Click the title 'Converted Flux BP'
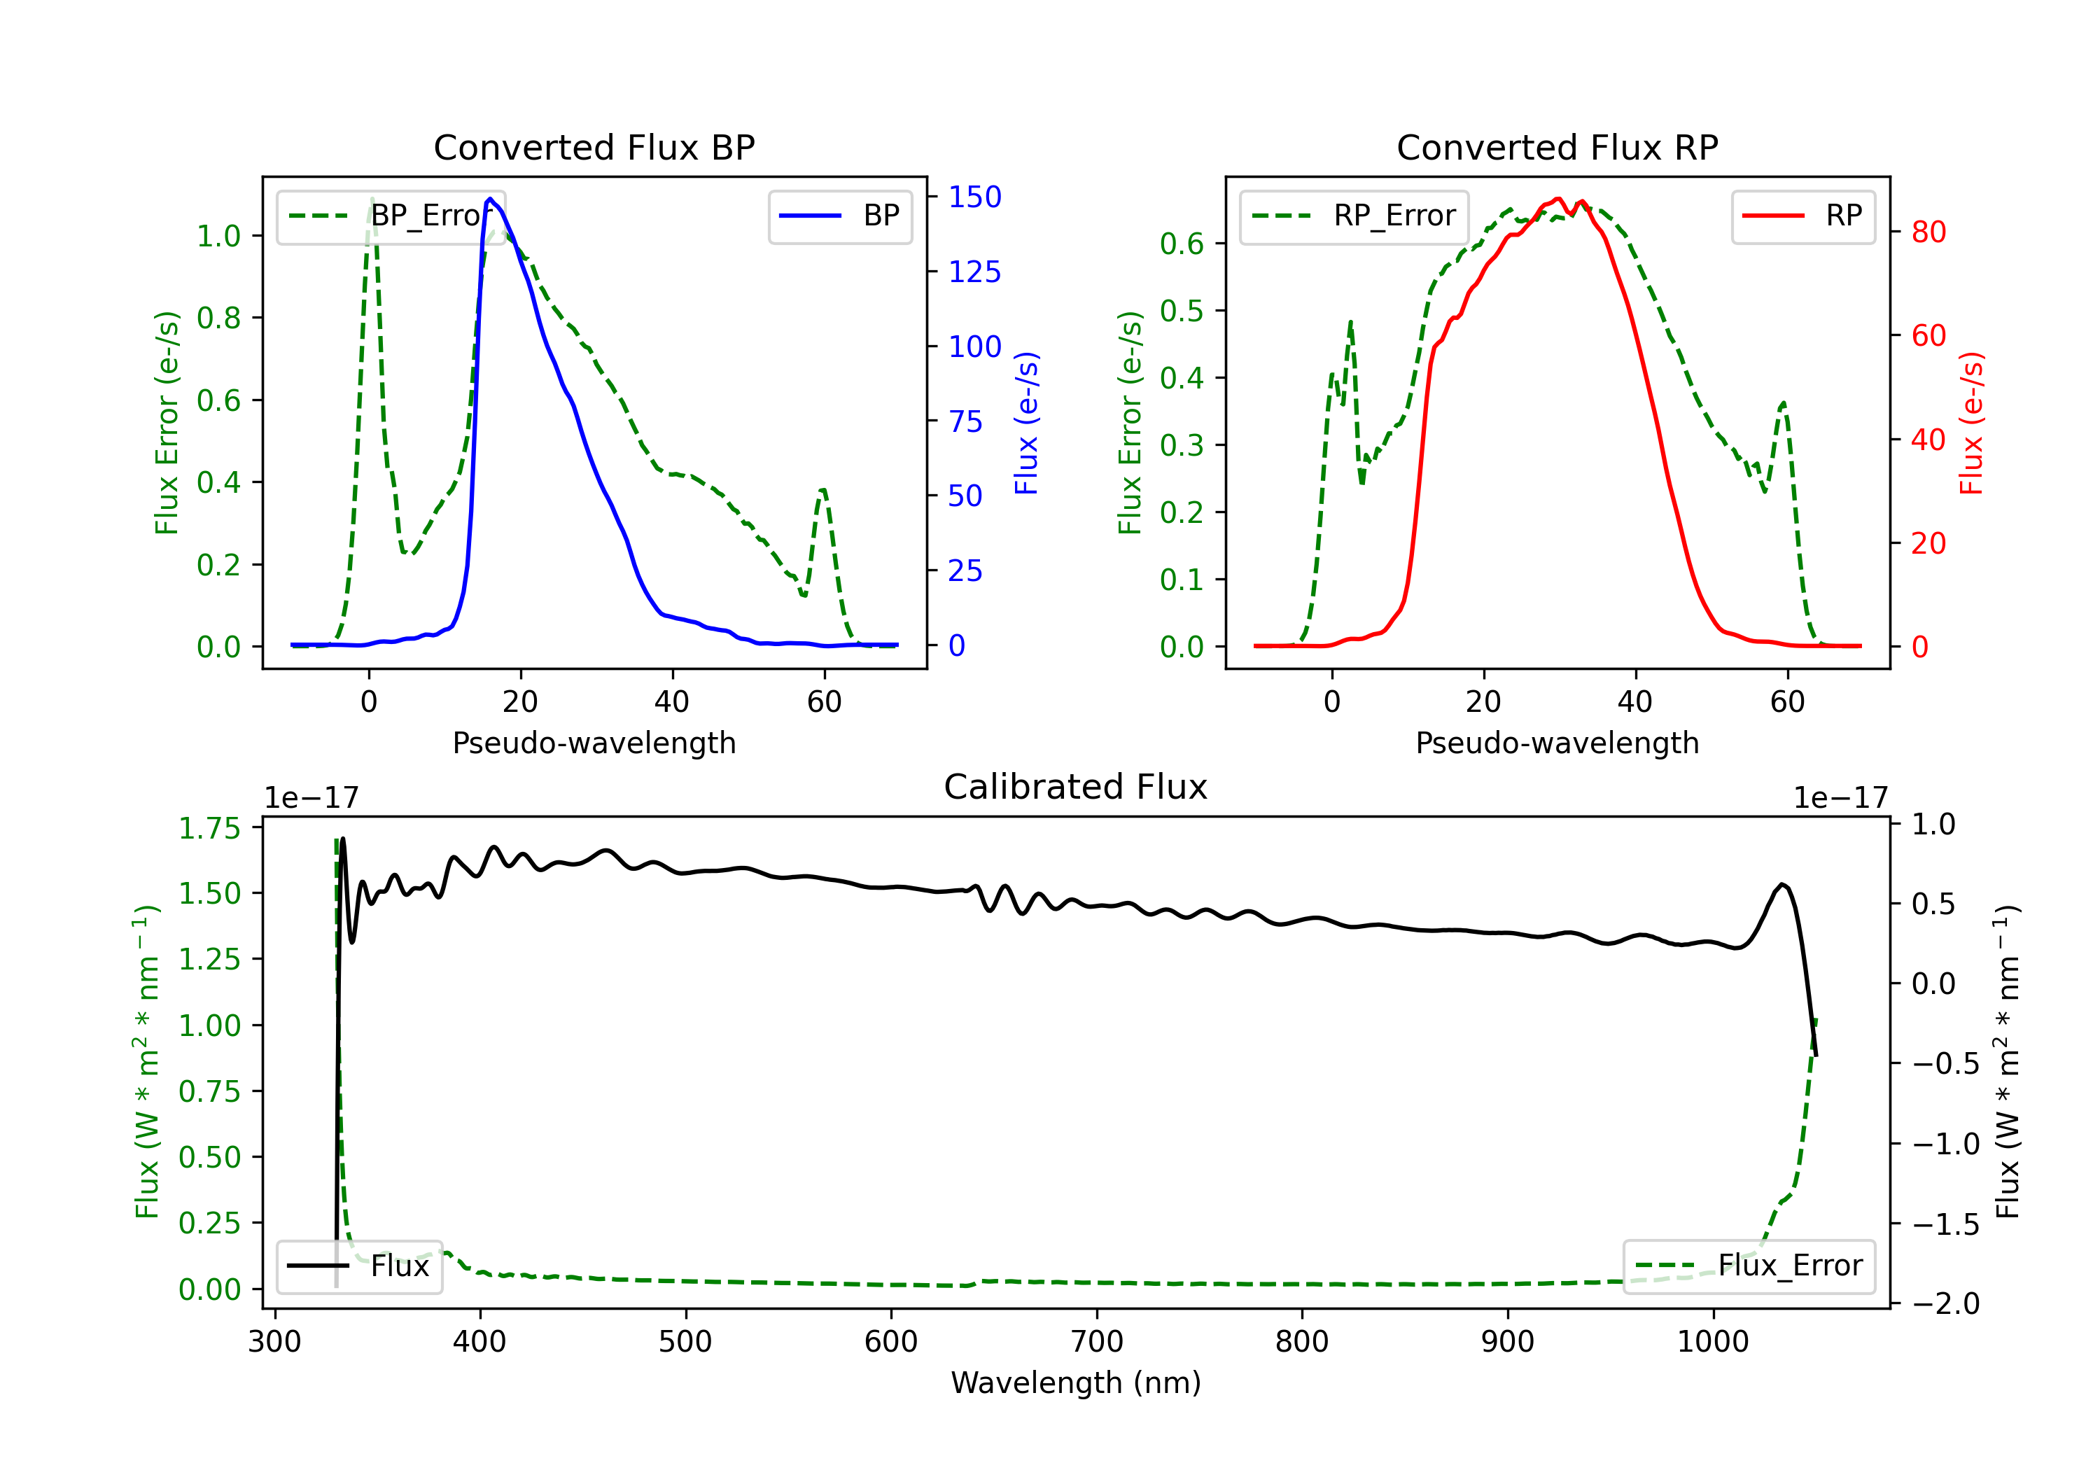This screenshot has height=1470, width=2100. point(594,147)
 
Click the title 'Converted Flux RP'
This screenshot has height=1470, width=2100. point(1557,147)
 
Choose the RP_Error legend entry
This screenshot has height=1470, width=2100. point(1354,216)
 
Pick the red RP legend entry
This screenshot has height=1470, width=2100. point(1802,216)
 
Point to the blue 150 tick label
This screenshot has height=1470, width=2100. point(974,197)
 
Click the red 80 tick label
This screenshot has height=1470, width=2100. point(1928,232)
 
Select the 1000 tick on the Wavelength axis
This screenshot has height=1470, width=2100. point(1712,1341)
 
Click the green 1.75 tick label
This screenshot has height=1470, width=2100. point(209,828)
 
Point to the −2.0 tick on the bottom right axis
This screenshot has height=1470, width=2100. point(1945,1303)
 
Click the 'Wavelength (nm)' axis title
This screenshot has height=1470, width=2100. point(1076,1382)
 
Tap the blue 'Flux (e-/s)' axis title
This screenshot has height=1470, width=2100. point(1026,423)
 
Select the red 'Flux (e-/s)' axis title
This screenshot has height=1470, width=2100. point(1971,423)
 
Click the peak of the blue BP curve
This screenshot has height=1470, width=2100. point(490,199)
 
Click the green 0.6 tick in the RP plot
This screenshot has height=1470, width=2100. point(1181,244)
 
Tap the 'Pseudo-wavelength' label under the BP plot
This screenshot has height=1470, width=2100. point(594,743)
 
